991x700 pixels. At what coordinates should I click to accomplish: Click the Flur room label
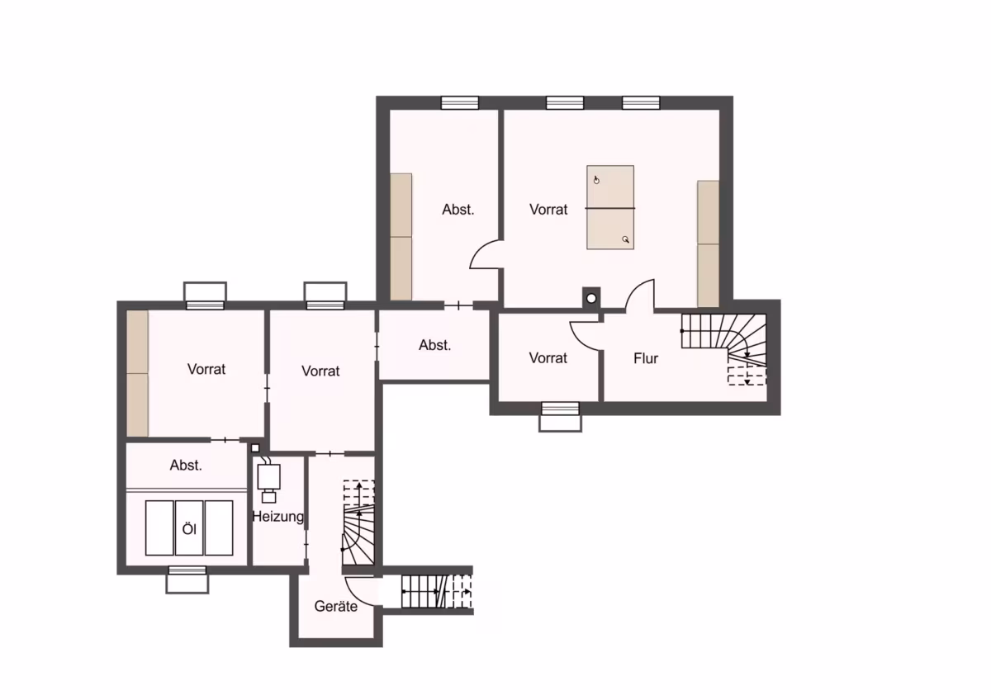pos(646,358)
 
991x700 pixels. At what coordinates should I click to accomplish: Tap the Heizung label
pos(277,517)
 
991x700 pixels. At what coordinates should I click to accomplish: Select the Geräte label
pos(336,606)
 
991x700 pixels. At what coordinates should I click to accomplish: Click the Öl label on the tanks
pos(189,529)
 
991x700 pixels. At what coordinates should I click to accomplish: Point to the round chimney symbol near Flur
pos(591,299)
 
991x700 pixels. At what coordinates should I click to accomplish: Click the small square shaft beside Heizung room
pos(255,448)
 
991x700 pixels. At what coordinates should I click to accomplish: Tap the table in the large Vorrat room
pos(610,207)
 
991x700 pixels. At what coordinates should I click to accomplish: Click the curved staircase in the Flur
pos(724,349)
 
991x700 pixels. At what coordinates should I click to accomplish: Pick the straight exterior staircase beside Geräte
pos(437,591)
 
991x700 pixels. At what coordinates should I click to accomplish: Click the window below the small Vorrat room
pos(560,416)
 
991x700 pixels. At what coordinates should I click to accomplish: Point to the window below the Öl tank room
pos(187,579)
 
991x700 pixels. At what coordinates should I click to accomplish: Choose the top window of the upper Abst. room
pos(460,102)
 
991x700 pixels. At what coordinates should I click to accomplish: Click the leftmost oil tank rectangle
pos(159,528)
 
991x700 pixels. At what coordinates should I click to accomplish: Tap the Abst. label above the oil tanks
pos(186,466)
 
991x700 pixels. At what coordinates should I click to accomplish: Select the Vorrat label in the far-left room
pos(206,369)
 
